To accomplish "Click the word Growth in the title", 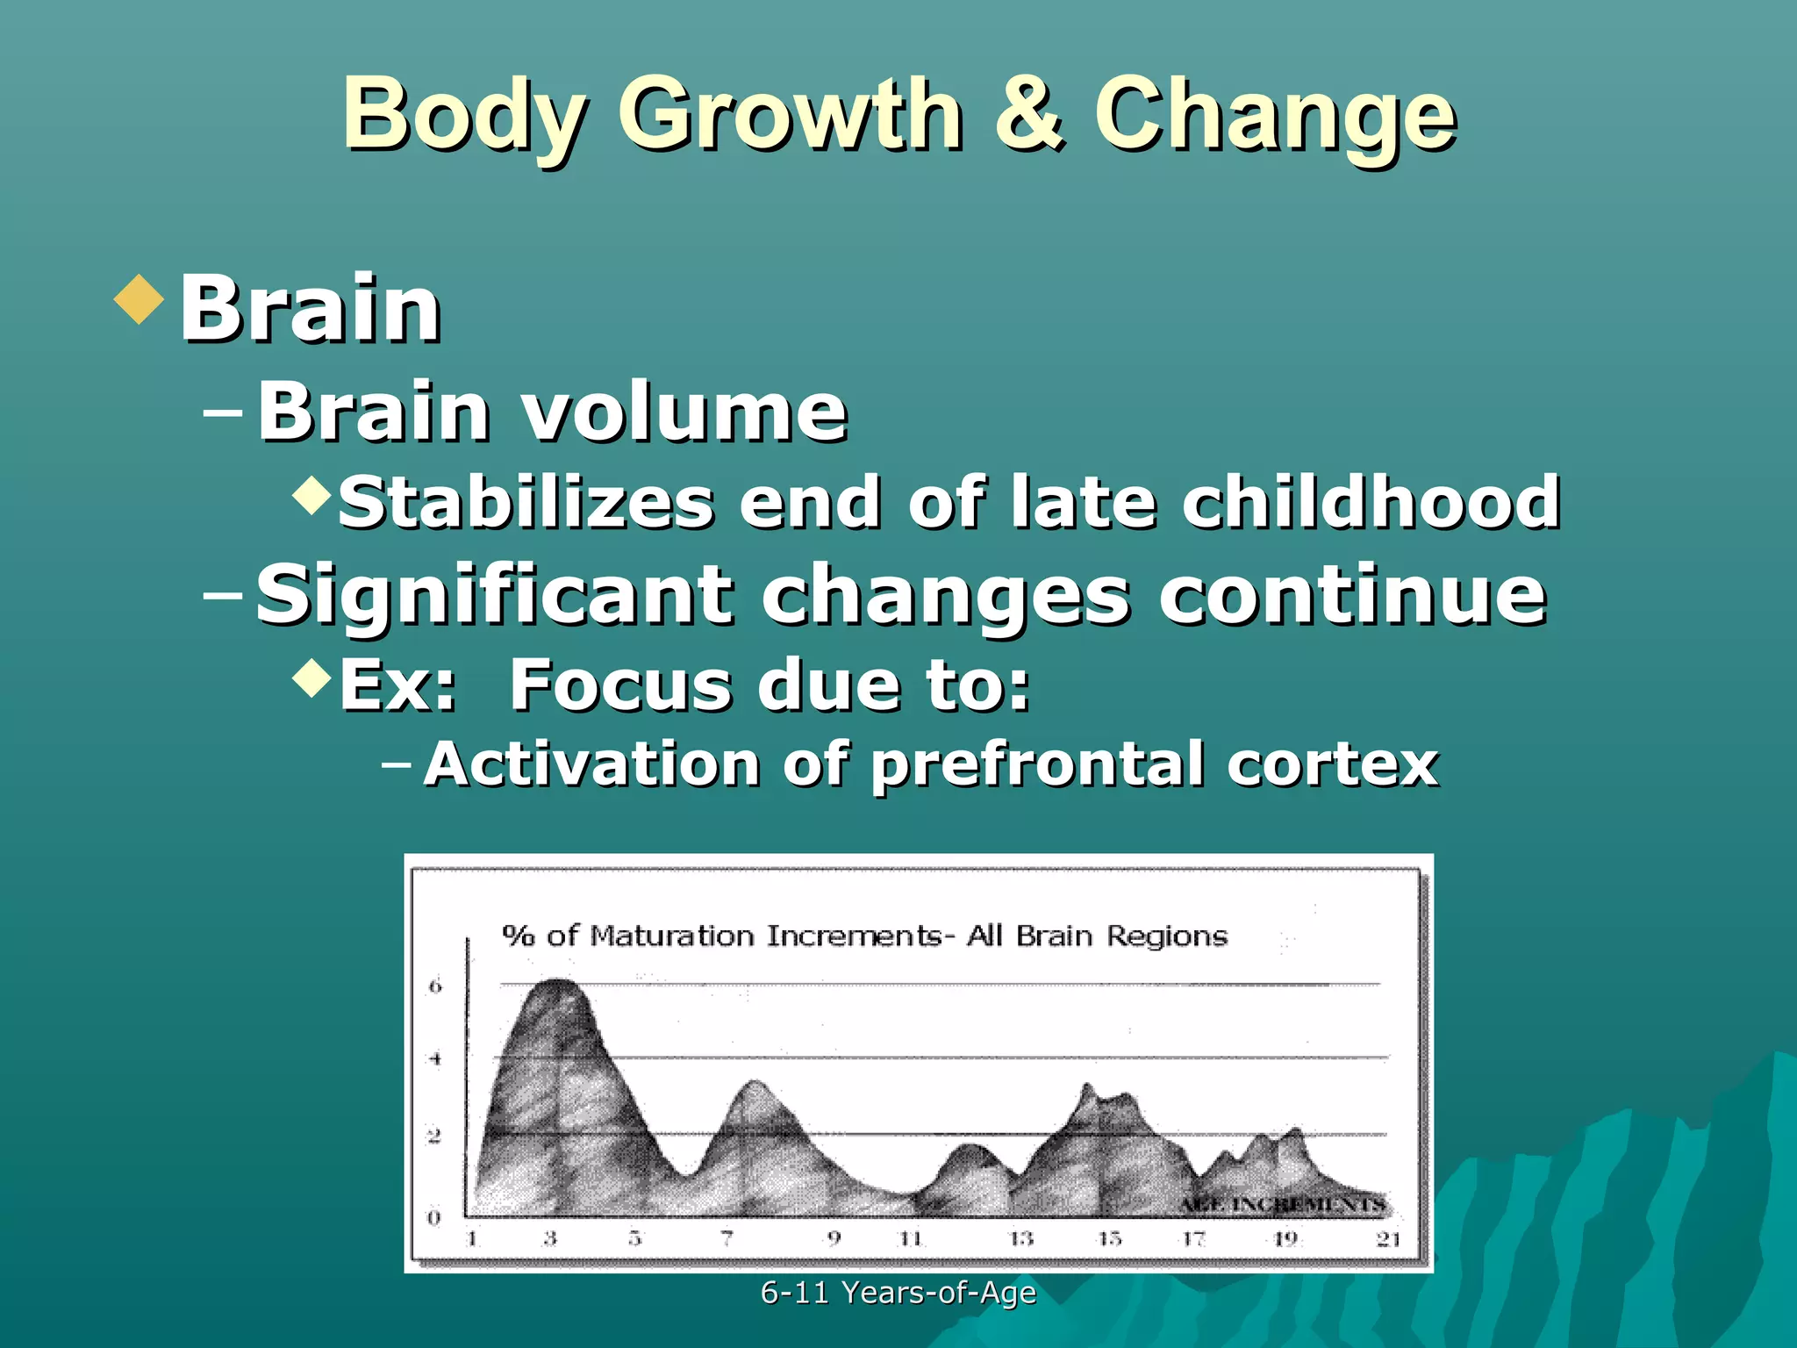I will [x=790, y=116].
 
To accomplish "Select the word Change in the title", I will [x=1274, y=116].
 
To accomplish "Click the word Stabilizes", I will [x=526, y=502].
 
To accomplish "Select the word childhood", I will [x=1371, y=502].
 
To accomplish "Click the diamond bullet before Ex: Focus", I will [x=311, y=677].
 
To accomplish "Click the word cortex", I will [x=1333, y=764].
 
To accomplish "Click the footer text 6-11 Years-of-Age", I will [x=898, y=1292].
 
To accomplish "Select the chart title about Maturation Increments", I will [x=864, y=936].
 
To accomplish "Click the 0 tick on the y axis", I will [x=433, y=1217].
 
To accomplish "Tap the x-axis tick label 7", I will [x=727, y=1238].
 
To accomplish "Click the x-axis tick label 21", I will [x=1388, y=1238].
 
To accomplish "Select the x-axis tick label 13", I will [x=1020, y=1238].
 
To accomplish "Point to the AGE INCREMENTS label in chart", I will [x=1281, y=1204].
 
